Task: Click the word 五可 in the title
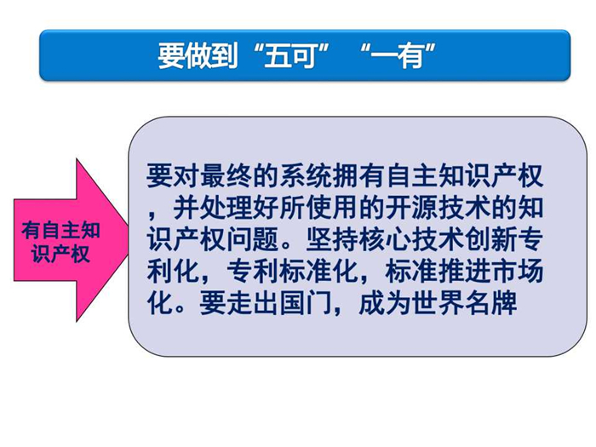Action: tap(291, 55)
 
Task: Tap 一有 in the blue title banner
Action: tap(397, 55)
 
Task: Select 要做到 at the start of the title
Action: tap(198, 55)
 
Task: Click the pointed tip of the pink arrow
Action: tap(129, 240)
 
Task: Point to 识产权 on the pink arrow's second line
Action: tap(60, 254)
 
